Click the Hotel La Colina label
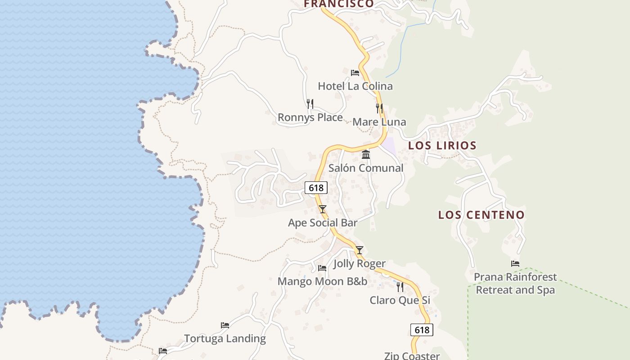(x=355, y=86)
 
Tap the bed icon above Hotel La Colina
(x=355, y=72)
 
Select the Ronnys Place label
(x=310, y=117)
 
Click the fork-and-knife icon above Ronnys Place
(x=310, y=104)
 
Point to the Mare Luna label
(x=379, y=122)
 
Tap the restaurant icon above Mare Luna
(x=379, y=108)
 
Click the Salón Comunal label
(x=365, y=168)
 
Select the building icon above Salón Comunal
(x=366, y=155)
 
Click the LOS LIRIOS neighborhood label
(x=442, y=146)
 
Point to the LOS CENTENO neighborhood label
(x=481, y=215)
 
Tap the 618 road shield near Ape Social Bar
(x=316, y=188)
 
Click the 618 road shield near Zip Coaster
(x=422, y=330)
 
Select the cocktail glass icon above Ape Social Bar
(x=322, y=209)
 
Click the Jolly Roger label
(x=359, y=264)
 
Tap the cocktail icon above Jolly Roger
(x=359, y=250)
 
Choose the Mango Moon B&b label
(x=322, y=282)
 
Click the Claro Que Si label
(x=400, y=300)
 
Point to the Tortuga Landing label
(x=225, y=338)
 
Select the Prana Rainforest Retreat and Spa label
(x=515, y=283)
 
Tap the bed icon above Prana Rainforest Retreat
(x=515, y=264)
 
